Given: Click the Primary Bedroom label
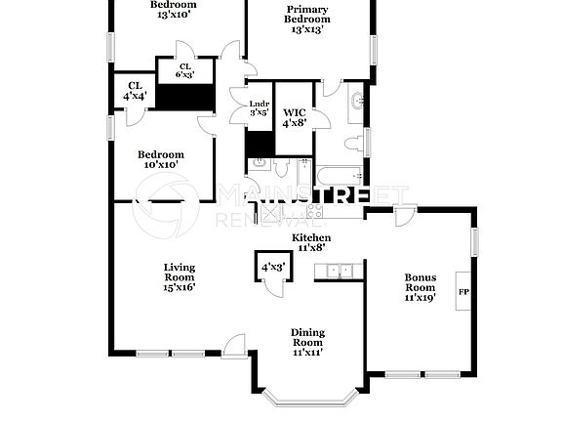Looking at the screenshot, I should [x=306, y=20].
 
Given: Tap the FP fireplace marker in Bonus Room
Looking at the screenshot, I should [x=463, y=291].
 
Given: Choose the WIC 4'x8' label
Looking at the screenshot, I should [x=293, y=116].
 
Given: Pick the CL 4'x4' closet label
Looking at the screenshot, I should [x=135, y=91].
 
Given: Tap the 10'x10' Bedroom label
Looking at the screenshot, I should [x=160, y=159].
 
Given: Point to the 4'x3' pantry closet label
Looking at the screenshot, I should [x=272, y=266].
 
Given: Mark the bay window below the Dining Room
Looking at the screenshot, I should [x=308, y=397].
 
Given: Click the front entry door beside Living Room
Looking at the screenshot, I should [x=234, y=344].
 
